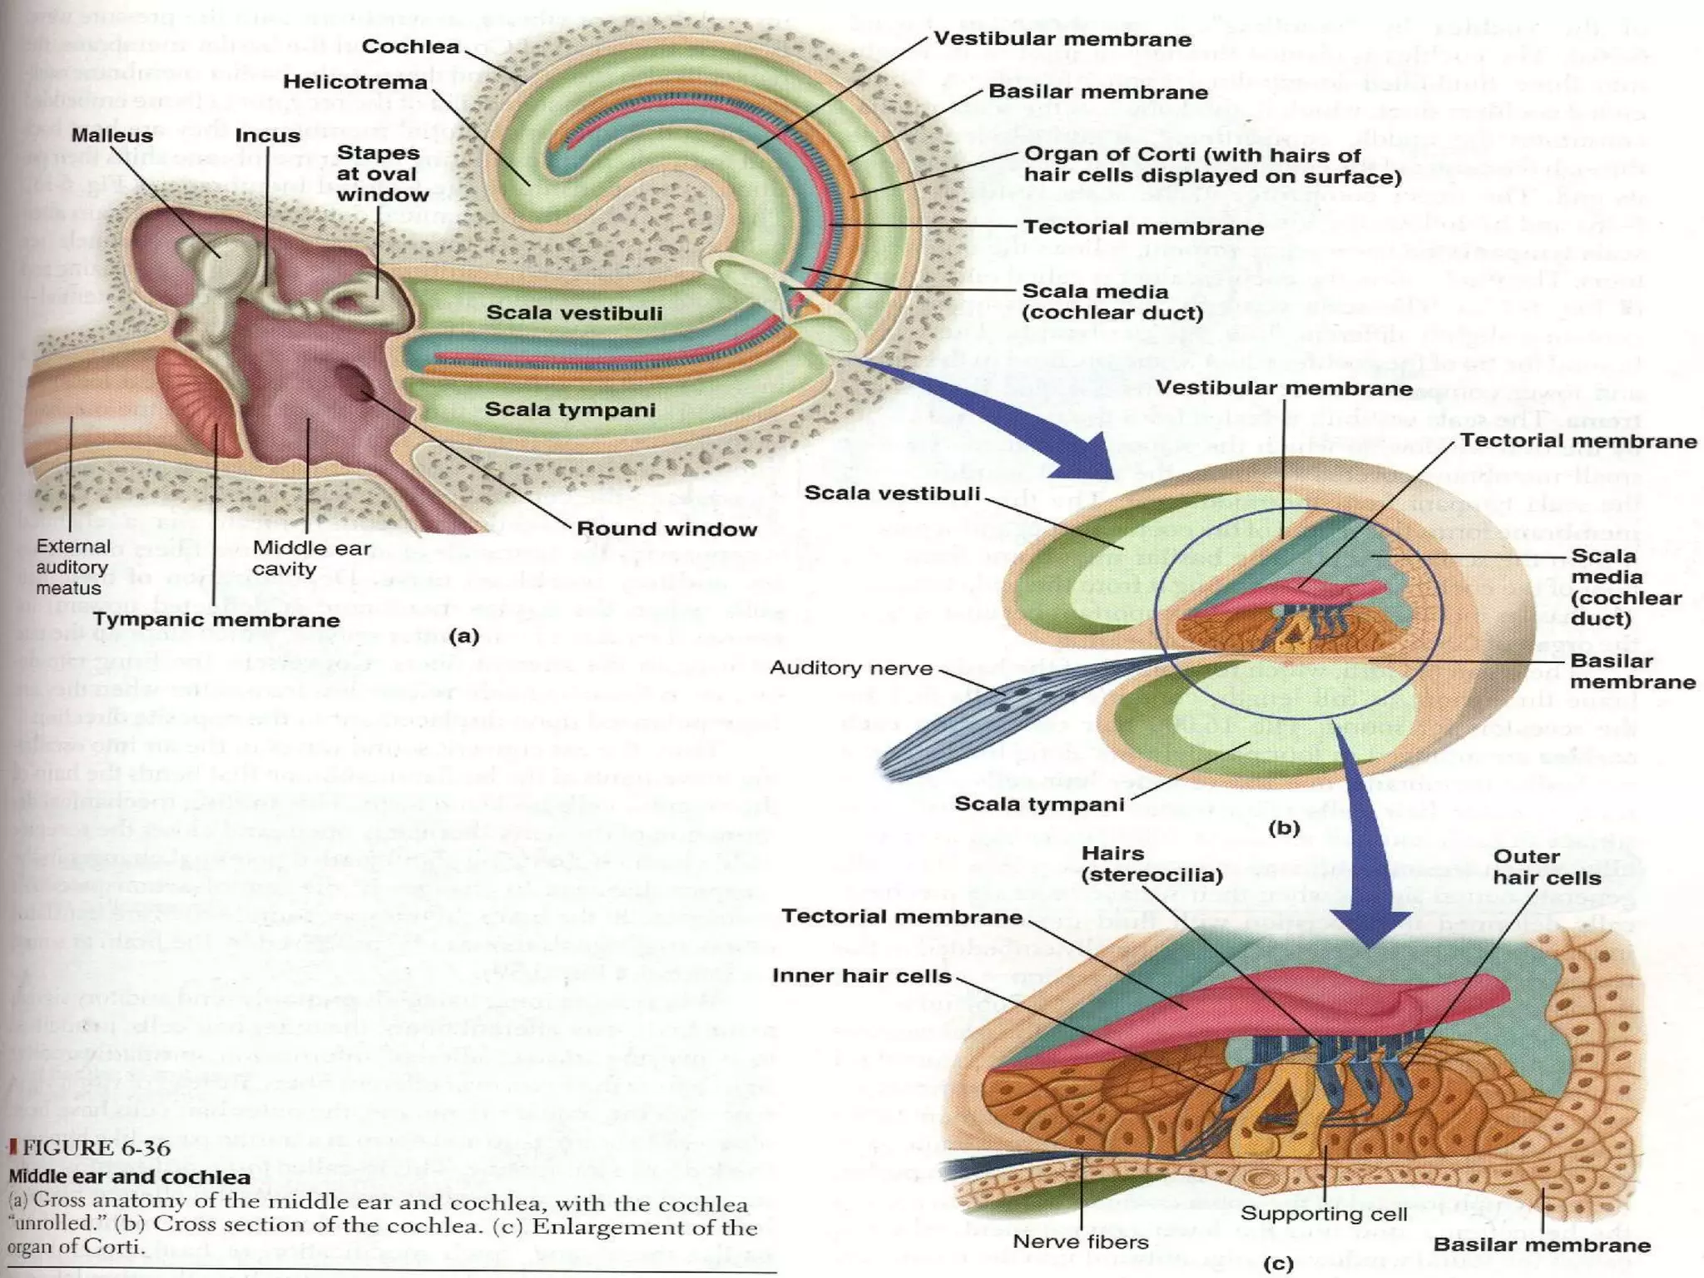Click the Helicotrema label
pos(354,82)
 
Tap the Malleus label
pos(111,135)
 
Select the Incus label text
pos(267,136)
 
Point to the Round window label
pos(666,529)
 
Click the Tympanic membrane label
pos(216,620)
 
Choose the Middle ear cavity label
pos(311,558)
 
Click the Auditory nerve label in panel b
pos(851,668)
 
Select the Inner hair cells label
pos(861,975)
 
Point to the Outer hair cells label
pos(1546,867)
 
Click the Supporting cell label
pos(1324,1214)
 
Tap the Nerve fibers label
pos(1080,1241)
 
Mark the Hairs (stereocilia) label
pos(1152,864)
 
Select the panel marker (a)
pos(463,637)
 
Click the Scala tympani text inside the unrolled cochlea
pos(570,409)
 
